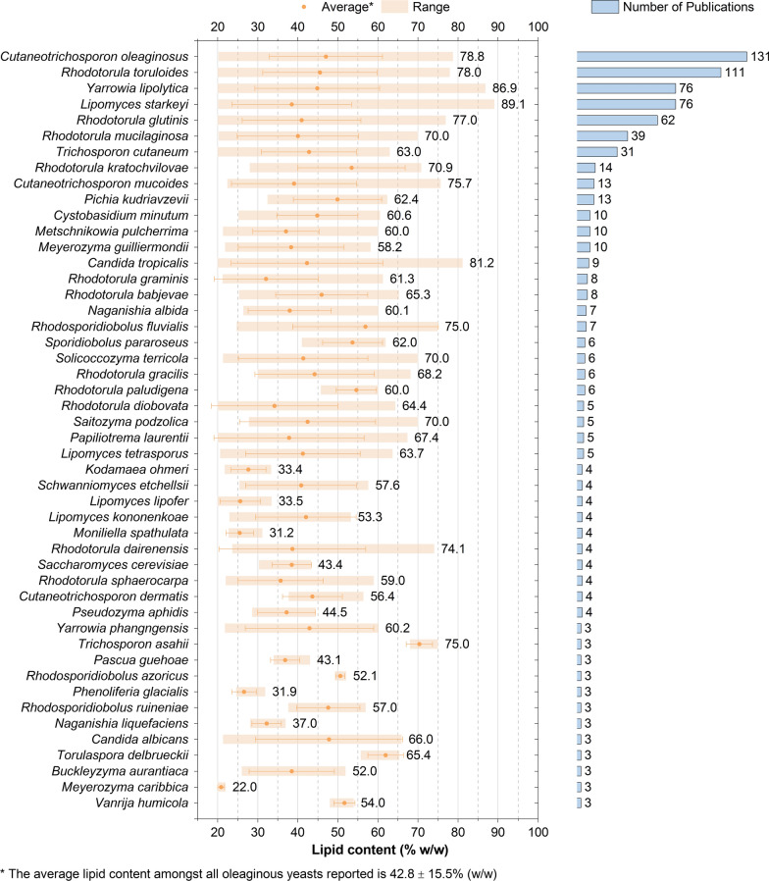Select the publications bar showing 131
pos(662,56)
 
